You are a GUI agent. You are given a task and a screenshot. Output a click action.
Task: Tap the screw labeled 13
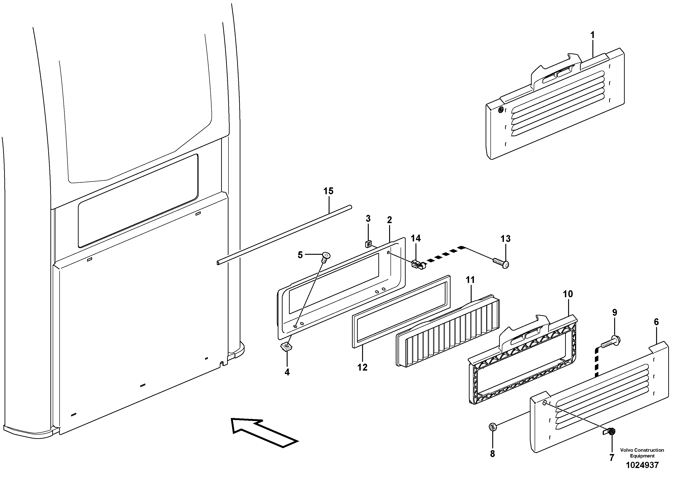501,263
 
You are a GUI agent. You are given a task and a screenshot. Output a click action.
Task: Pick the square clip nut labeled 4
287,346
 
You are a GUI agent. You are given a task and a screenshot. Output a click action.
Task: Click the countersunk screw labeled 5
326,256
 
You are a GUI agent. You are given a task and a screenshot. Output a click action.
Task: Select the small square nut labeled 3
368,244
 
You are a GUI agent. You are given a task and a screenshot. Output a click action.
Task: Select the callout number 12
362,367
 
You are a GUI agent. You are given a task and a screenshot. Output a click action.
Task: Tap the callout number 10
568,294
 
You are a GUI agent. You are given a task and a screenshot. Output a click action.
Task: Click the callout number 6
656,322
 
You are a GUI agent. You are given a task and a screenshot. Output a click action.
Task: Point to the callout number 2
389,220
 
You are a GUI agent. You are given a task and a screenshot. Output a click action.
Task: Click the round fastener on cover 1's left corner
501,110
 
